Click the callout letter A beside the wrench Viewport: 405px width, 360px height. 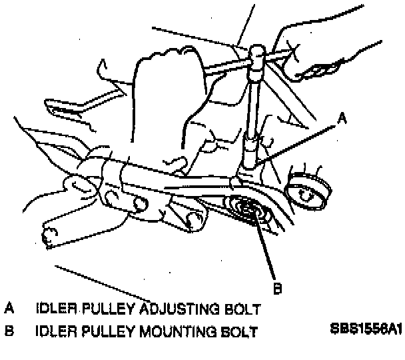pyautogui.click(x=342, y=119)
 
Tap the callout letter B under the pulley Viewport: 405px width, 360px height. pyautogui.click(x=278, y=288)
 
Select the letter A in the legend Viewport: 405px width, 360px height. pyautogui.click(x=9, y=309)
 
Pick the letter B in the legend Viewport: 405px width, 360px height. pyautogui.click(x=9, y=330)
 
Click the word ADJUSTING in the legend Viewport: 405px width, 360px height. pyautogui.click(x=169, y=309)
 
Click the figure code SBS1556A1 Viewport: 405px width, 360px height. pyautogui.click(x=364, y=329)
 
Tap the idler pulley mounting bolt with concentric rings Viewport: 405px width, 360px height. pyautogui.click(x=247, y=211)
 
